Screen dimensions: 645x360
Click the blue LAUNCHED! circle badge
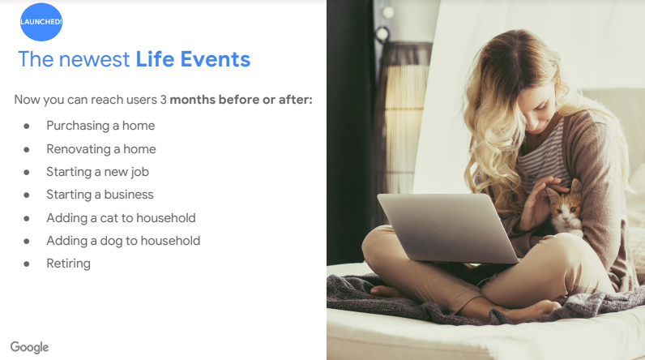coord(41,22)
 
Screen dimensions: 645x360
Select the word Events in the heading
coord(216,59)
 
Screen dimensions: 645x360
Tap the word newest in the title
coord(94,60)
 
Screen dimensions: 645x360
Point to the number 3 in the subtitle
coord(164,100)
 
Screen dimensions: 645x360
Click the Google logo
coord(30,347)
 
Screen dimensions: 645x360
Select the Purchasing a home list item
coord(100,126)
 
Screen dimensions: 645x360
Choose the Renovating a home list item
coord(101,149)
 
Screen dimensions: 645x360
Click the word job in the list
coord(140,173)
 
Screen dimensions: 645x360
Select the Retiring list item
coord(68,264)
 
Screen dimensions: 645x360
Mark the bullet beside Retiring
coord(27,264)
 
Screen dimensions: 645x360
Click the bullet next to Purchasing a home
coord(27,126)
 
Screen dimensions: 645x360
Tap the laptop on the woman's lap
coord(447,227)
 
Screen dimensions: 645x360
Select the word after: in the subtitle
coord(295,100)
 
